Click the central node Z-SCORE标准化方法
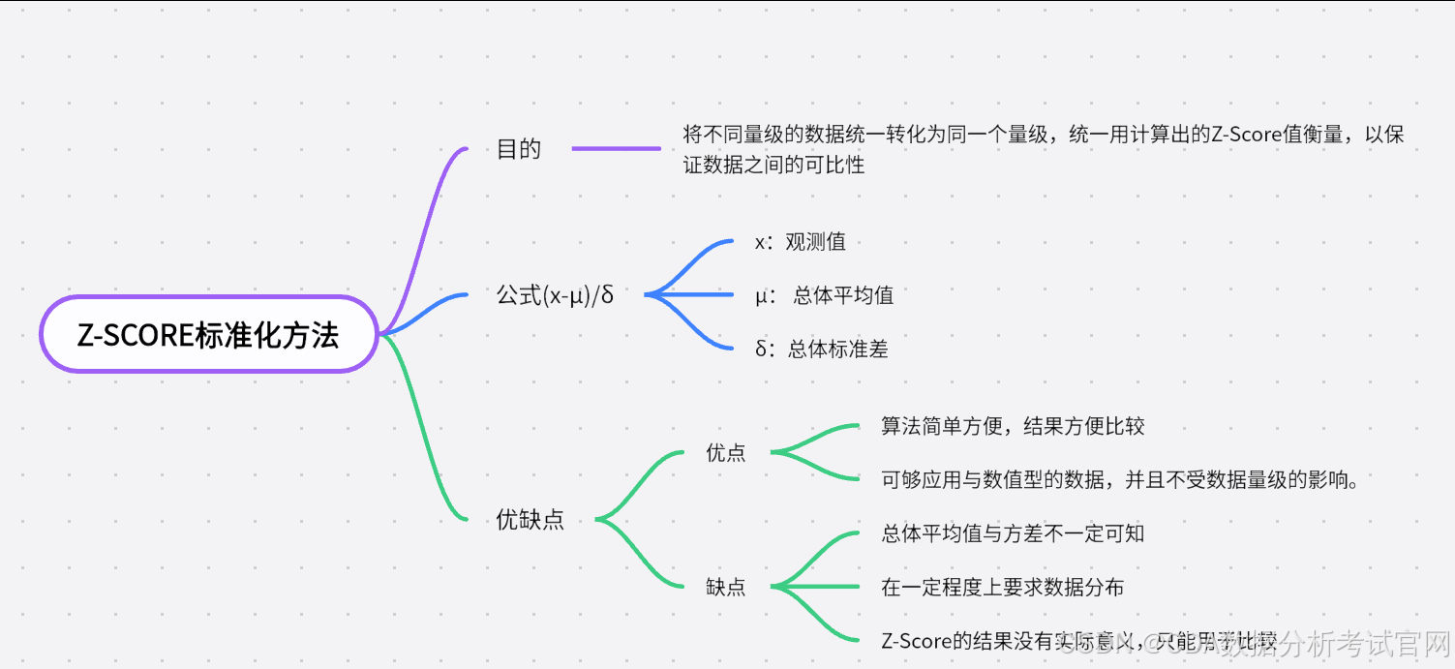(x=208, y=335)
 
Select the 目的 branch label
(x=519, y=149)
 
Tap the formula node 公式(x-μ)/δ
(x=555, y=295)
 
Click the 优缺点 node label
(x=530, y=520)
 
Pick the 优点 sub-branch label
(x=726, y=452)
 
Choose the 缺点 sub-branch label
(x=726, y=587)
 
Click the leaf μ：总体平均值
(x=824, y=295)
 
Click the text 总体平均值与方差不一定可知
(x=1013, y=533)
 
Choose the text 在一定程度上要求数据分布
(x=1002, y=587)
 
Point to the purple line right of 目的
(x=616, y=149)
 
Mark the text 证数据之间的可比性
(x=773, y=165)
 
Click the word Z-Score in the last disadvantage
(x=917, y=640)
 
